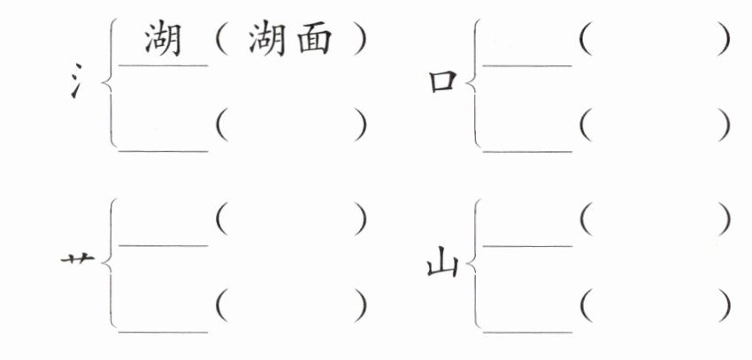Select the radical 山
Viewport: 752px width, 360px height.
(442, 263)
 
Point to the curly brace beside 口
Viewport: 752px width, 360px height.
(472, 85)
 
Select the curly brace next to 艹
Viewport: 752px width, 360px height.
(109, 264)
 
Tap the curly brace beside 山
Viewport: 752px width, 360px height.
(472, 264)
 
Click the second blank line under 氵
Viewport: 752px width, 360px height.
(164, 150)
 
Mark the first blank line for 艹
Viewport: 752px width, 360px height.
(164, 245)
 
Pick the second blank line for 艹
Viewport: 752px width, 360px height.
(164, 332)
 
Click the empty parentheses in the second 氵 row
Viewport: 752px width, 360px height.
(290, 127)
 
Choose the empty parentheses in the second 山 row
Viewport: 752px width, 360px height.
(656, 306)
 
